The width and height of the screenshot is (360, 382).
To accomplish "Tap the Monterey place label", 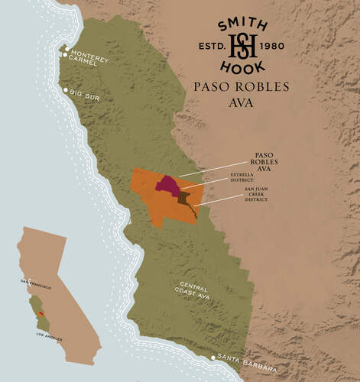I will click(90, 58).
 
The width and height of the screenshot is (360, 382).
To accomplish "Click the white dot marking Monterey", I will click(67, 50).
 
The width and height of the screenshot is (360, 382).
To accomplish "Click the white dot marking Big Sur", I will click(66, 90).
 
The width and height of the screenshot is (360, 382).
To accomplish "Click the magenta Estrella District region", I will click(167, 184).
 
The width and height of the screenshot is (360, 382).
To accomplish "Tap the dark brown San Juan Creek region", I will click(185, 201).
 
